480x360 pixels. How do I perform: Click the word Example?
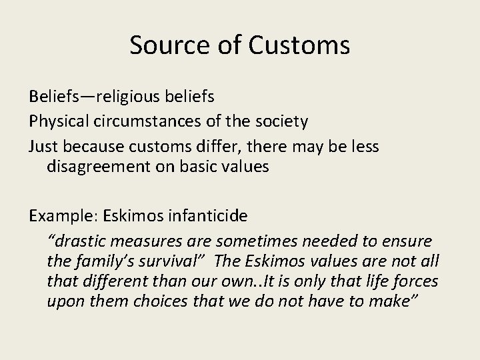coord(59,216)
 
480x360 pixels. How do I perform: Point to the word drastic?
coord(73,240)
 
